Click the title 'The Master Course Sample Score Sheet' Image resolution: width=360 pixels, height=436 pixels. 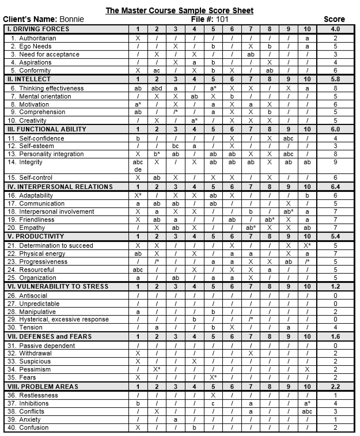coord(179,11)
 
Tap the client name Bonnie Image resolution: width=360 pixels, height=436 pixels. coord(71,20)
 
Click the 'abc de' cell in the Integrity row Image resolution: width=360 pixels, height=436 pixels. coord(138,166)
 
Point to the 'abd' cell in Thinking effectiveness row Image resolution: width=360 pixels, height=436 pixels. coord(156,88)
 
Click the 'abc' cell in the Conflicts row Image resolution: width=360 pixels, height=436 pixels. coord(307,412)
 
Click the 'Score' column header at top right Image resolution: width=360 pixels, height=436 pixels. coord(334,20)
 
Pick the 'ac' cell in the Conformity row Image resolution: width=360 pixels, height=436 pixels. coord(156,70)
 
